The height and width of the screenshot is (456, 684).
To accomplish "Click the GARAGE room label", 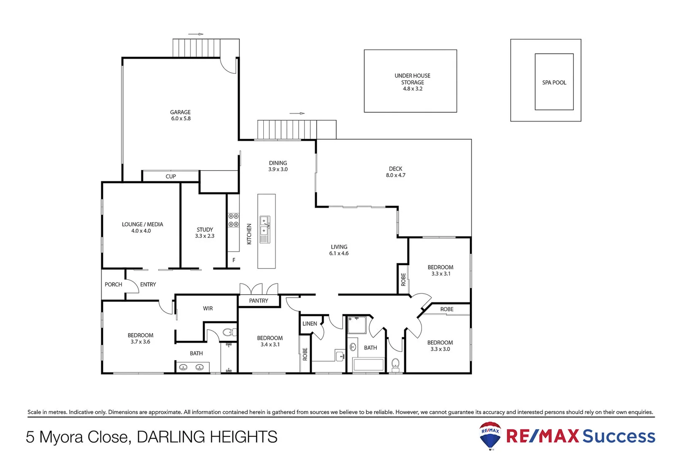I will coord(181,115).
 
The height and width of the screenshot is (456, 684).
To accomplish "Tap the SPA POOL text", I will coord(554,83).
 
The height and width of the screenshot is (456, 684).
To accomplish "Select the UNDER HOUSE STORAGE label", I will coord(412,82).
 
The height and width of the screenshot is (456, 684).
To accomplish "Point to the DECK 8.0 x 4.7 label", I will coord(395,172).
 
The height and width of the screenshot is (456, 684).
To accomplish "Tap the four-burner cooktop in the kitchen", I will coord(233,220).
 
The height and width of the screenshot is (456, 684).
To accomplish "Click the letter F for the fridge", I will coord(234,260).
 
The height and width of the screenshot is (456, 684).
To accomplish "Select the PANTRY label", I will coord(258,301).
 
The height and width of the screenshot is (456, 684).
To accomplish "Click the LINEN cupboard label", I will coord(310,324).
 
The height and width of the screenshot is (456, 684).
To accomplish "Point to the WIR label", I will coord(208,309).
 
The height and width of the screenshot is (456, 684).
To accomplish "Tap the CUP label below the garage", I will coord(170,176).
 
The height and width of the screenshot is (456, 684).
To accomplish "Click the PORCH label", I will coord(113,285).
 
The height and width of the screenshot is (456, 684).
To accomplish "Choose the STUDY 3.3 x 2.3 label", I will coord(205,233).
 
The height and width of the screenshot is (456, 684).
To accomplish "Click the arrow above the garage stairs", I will coord(196,34).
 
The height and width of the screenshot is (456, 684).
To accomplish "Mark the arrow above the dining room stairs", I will coord(297,113).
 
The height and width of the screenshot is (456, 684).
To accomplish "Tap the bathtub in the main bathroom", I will coord(368,364).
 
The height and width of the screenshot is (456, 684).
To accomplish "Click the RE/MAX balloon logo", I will coord(490,435).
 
